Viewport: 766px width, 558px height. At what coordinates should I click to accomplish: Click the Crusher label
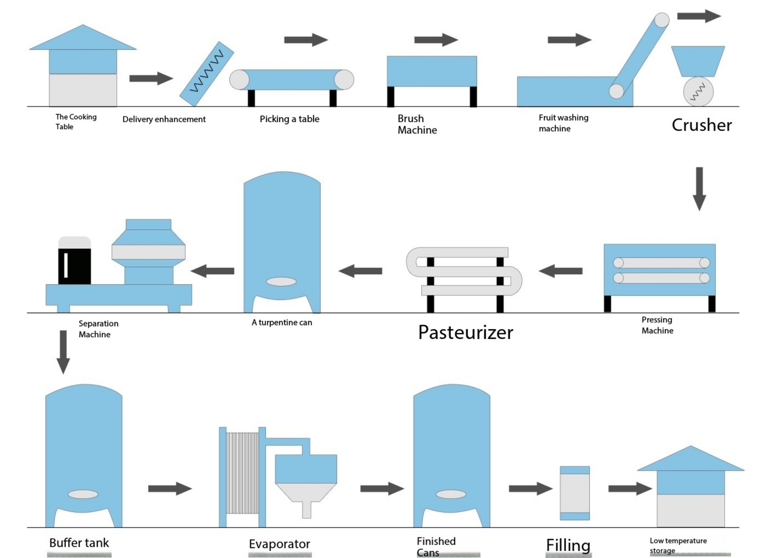point(701,125)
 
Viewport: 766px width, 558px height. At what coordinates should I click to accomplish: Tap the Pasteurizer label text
point(466,333)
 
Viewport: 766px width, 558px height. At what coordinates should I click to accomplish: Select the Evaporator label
point(279,544)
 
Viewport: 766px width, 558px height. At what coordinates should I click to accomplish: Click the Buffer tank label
point(79,543)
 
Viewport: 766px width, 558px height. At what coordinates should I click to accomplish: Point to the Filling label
point(568,545)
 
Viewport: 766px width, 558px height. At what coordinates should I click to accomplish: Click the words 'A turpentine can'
point(282,322)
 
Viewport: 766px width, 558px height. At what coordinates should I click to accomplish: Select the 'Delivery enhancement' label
point(164,119)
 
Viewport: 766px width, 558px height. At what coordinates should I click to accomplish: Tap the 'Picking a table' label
point(290,119)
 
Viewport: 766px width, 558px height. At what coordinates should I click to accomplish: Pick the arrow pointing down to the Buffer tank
point(63,352)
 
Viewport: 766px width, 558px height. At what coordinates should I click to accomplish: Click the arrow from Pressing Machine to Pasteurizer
point(561,271)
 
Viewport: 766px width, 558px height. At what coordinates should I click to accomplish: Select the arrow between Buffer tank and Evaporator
point(170,488)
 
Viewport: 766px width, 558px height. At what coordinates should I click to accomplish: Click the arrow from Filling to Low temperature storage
point(630,488)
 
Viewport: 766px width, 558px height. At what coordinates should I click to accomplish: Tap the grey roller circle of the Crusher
point(698,92)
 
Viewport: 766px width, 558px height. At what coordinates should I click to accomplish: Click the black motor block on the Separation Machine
point(74,266)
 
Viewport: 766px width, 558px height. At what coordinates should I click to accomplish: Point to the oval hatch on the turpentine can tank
point(281,281)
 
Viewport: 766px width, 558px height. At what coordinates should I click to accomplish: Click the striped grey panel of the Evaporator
point(242,473)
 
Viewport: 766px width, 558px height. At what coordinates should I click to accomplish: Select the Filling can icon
point(575,493)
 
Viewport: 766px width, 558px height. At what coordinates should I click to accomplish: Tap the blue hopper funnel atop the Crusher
point(698,61)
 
